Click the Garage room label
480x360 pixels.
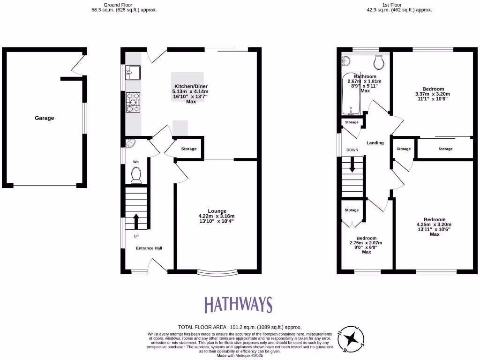(x=44, y=118)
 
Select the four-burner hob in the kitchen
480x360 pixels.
(x=133, y=103)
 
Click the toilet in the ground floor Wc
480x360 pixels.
(x=136, y=175)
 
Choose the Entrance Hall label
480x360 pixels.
(x=149, y=248)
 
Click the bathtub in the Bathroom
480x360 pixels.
(x=350, y=94)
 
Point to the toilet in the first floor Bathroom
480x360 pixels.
(x=379, y=61)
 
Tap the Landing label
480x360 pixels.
(x=375, y=143)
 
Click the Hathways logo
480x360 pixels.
(x=238, y=305)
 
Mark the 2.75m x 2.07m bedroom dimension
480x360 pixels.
(x=366, y=243)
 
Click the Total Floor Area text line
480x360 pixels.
(x=240, y=327)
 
